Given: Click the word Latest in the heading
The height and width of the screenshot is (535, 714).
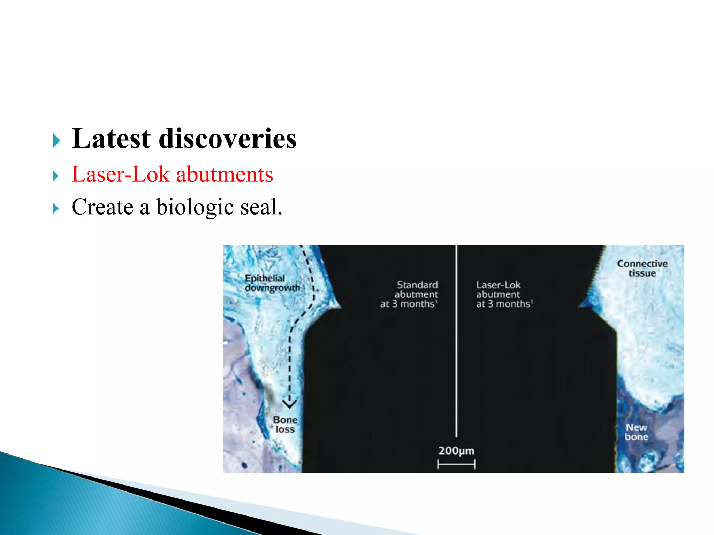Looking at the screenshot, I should (x=111, y=139).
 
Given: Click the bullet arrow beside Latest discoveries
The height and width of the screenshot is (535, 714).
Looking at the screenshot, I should (x=56, y=141).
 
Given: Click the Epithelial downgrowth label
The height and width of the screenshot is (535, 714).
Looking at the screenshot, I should (x=272, y=283).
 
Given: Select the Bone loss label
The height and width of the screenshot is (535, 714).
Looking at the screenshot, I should (x=285, y=424).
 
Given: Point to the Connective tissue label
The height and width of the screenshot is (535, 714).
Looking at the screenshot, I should (x=642, y=268).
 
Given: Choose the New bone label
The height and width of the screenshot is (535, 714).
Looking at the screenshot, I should (x=636, y=432).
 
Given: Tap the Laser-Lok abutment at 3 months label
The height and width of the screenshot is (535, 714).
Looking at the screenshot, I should (x=502, y=294).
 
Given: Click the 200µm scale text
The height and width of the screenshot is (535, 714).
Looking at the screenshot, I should (x=456, y=451).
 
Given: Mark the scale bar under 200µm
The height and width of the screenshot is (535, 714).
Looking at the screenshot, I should (x=456, y=464).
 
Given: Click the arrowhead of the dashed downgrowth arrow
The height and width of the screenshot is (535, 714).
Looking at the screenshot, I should (x=289, y=404).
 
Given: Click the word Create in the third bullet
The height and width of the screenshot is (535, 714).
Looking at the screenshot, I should (x=102, y=207).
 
